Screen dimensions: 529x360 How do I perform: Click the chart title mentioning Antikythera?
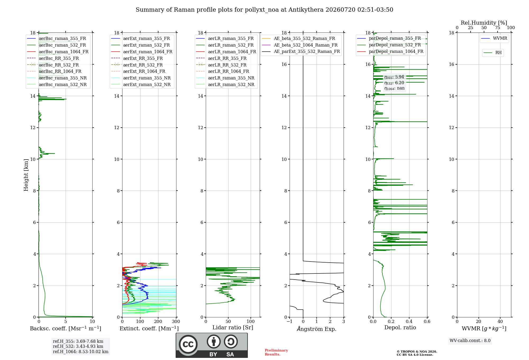point(264,10)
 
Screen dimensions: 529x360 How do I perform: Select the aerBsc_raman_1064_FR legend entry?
point(58,52)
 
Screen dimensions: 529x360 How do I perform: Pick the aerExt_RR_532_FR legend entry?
point(137,65)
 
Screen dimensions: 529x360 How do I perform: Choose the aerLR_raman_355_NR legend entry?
point(225,78)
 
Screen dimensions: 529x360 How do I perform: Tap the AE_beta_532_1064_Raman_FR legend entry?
point(300,45)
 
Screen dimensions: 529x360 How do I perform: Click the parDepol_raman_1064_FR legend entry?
point(390,51)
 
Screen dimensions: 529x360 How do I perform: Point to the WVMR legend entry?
point(494,38)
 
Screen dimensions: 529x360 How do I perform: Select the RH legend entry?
point(492,53)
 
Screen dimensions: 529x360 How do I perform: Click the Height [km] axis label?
point(26,175)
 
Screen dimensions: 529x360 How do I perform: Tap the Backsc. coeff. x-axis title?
point(66,328)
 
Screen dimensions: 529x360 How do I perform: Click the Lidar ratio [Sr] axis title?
point(233,328)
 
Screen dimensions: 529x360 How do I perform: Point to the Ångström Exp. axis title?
point(317,329)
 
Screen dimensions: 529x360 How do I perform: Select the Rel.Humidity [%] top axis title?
point(484,23)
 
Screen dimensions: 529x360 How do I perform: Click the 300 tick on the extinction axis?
point(176,321)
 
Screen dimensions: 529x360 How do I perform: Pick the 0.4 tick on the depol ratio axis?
point(409,321)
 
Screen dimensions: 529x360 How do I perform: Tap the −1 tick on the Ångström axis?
point(290,321)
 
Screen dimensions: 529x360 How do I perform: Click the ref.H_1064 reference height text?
point(81,352)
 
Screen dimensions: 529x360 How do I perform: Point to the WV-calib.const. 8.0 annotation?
point(470,341)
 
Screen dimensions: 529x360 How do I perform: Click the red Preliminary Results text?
point(276,352)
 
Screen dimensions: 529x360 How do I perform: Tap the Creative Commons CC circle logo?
point(188,344)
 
